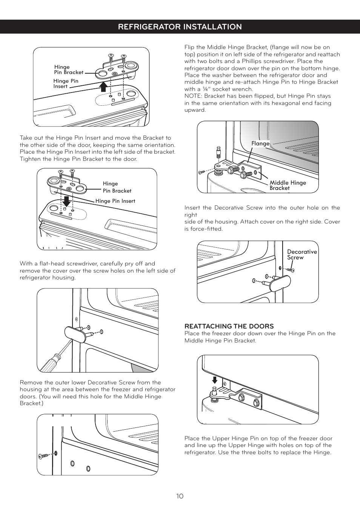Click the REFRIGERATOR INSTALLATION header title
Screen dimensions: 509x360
pyautogui.click(x=180, y=27)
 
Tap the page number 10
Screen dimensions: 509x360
pyautogui.click(x=180, y=496)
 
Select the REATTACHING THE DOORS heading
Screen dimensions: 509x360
pyautogui.click(x=229, y=326)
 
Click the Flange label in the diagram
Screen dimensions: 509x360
pyautogui.click(x=260, y=143)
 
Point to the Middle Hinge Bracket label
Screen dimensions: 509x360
pyautogui.click(x=288, y=185)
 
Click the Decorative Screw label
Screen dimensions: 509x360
pyautogui.click(x=302, y=254)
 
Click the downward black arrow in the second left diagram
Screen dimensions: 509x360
pyautogui.click(x=66, y=201)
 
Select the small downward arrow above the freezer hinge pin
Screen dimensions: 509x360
pyautogui.click(x=215, y=379)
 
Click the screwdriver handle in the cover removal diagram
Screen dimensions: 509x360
pyautogui.click(x=49, y=363)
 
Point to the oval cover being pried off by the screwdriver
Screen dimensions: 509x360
pyautogui.click(x=75, y=334)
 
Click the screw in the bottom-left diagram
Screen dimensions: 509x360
pyautogui.click(x=43, y=456)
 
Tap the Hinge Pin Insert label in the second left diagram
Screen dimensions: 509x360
pyautogui.click(x=115, y=201)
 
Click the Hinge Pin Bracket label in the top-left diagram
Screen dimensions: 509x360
pyautogui.click(x=68, y=69)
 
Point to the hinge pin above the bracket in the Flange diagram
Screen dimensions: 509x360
pyautogui.click(x=218, y=152)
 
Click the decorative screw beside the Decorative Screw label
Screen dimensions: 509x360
pyautogui.click(x=290, y=270)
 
